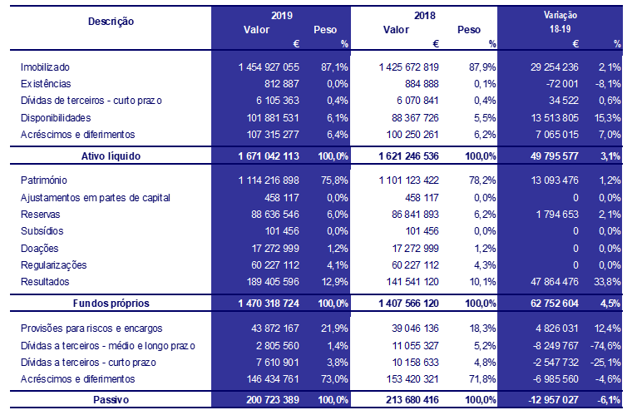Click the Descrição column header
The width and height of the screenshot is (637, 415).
click(x=111, y=21)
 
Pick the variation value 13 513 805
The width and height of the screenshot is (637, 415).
click(x=553, y=117)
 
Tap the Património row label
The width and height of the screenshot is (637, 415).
click(x=43, y=180)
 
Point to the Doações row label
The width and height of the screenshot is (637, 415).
click(x=38, y=248)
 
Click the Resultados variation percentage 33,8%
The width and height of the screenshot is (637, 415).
click(x=607, y=282)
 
